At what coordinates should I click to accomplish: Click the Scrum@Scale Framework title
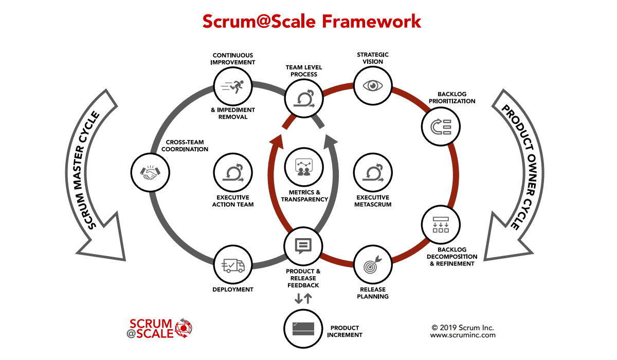tap(312, 21)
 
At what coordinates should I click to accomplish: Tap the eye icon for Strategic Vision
tap(373, 86)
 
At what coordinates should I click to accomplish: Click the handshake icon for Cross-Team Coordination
tap(150, 171)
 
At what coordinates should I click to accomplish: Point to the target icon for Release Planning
tap(373, 266)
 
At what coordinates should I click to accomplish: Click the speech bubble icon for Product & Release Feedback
tap(303, 246)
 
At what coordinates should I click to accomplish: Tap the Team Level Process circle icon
tap(303, 98)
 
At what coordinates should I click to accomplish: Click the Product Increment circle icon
tap(303, 328)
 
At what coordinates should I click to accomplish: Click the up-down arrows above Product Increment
tap(303, 298)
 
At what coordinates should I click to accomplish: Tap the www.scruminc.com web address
tap(463, 335)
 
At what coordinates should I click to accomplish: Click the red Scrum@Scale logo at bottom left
tap(159, 328)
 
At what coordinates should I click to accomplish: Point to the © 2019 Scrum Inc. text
tap(463, 327)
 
